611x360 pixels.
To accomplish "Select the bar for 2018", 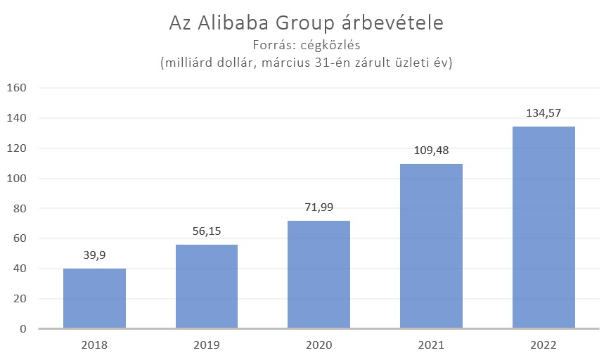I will pyautogui.click(x=94, y=298).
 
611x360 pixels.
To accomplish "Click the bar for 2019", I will pyautogui.click(x=207, y=286).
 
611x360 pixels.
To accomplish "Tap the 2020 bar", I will pyautogui.click(x=319, y=274).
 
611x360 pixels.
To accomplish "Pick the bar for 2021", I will pyautogui.click(x=431, y=246).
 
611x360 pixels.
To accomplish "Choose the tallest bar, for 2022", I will pyautogui.click(x=544, y=227).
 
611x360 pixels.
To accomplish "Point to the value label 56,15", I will pyautogui.click(x=207, y=232).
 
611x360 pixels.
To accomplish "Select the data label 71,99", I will pyautogui.click(x=319, y=208).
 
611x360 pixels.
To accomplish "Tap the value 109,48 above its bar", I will pyautogui.click(x=431, y=151).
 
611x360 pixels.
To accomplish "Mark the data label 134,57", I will pyautogui.click(x=544, y=113).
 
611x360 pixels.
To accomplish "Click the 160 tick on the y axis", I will pyautogui.click(x=16, y=88).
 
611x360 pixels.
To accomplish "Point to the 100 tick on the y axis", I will pyautogui.click(x=16, y=179).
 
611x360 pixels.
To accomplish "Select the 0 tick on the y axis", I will pyautogui.click(x=22, y=329).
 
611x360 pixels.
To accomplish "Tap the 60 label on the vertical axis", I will pyautogui.click(x=19, y=239).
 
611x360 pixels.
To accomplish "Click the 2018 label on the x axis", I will pyautogui.click(x=94, y=345).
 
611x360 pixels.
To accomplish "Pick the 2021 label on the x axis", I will pyautogui.click(x=431, y=345).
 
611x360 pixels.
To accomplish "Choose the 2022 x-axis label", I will pyautogui.click(x=544, y=345).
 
